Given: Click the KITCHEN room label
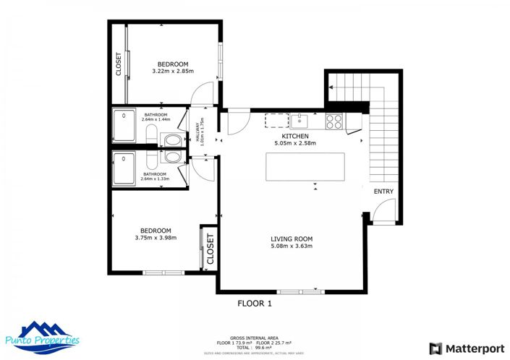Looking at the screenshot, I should pyautogui.click(x=295, y=136).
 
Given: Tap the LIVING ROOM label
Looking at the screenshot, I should pyautogui.click(x=291, y=239).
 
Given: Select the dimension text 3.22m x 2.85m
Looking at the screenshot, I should pyautogui.click(x=174, y=72).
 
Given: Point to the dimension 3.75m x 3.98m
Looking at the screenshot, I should pyautogui.click(x=156, y=238).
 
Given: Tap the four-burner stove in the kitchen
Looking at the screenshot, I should pyautogui.click(x=334, y=121).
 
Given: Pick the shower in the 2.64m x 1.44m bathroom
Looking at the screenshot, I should pyautogui.click(x=124, y=125).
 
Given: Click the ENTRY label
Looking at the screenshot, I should pyautogui.click(x=383, y=192).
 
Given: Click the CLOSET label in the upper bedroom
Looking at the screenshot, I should pyautogui.click(x=119, y=64).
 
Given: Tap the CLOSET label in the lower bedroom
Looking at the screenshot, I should pyautogui.click(x=211, y=249).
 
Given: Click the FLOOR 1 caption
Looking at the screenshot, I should pyautogui.click(x=255, y=304).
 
